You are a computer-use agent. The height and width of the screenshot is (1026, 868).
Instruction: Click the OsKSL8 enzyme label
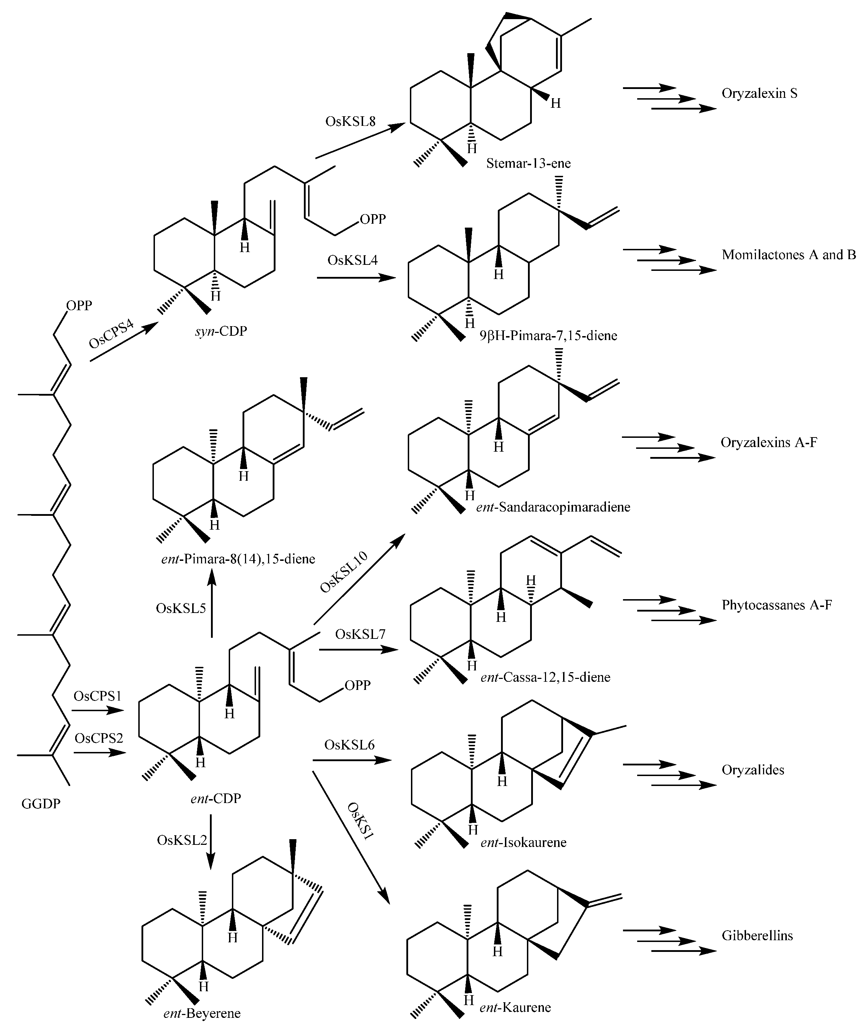350,122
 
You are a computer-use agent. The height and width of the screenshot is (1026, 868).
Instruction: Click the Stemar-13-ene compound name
528,163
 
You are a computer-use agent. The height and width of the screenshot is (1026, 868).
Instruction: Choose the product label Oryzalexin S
759,94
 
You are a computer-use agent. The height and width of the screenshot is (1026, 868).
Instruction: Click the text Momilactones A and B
788,255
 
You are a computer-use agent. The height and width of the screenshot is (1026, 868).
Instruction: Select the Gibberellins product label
757,936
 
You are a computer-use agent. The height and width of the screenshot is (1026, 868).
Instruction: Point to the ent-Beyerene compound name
202,1014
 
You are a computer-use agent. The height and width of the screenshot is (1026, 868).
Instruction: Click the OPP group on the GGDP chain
79,306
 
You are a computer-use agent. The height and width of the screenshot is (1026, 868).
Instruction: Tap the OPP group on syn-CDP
373,219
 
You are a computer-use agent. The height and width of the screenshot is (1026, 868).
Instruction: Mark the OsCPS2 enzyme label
99,738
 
